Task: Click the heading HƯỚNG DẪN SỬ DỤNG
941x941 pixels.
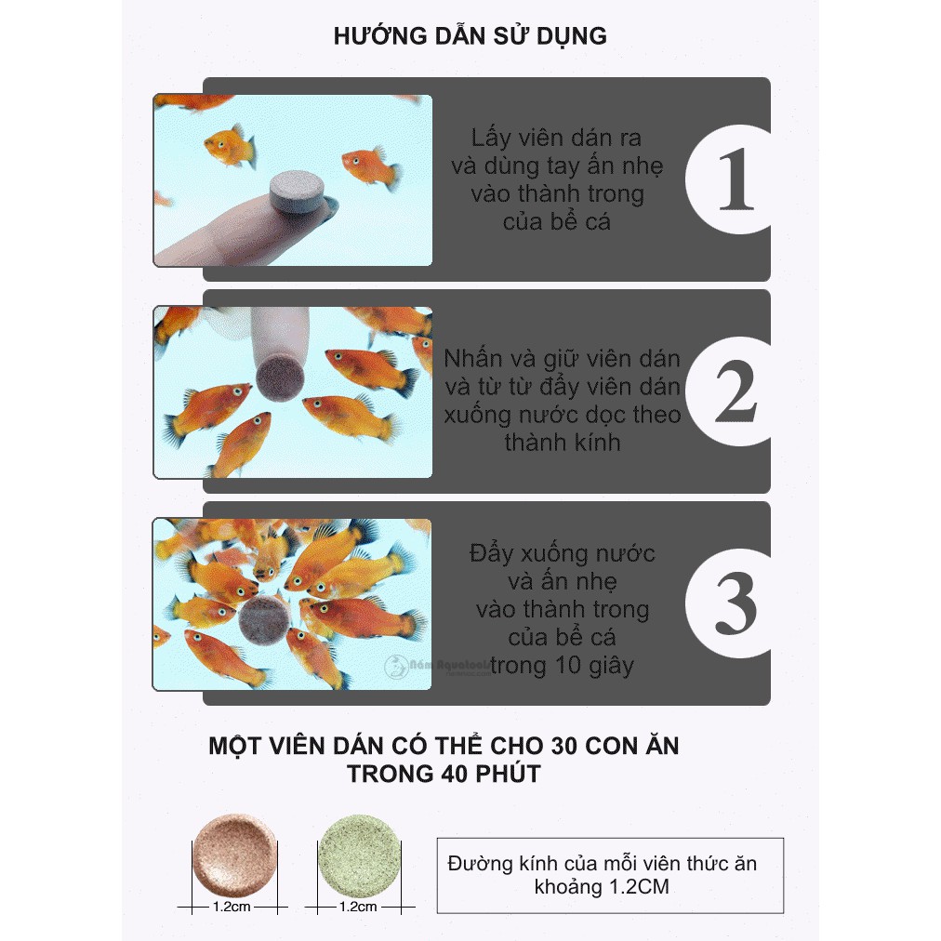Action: pos(470,36)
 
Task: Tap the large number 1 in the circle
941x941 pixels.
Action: pos(735,179)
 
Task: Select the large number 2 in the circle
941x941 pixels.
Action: pos(735,391)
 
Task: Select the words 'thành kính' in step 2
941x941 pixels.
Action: pos(562,442)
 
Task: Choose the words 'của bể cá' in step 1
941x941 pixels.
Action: pos(557,222)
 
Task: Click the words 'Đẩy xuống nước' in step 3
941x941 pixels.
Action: pos(562,553)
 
